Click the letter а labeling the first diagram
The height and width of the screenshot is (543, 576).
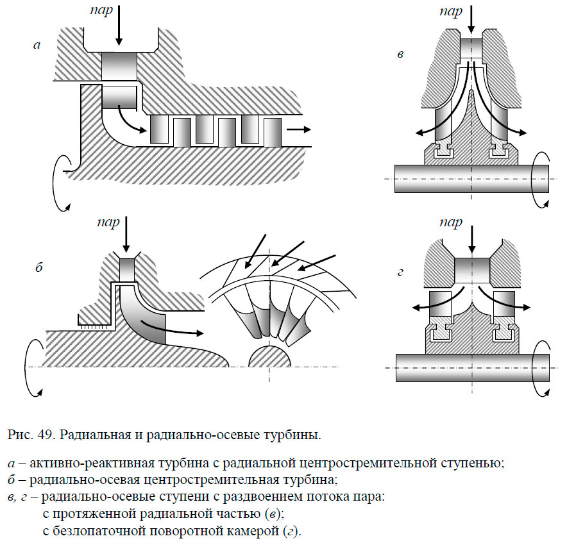coord(37,45)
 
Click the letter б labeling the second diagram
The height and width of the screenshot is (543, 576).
coord(38,268)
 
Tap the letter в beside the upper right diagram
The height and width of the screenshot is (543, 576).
coord(400,54)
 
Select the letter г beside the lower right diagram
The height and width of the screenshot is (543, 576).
coord(400,272)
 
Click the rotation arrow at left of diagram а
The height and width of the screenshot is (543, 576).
coord(59,182)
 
